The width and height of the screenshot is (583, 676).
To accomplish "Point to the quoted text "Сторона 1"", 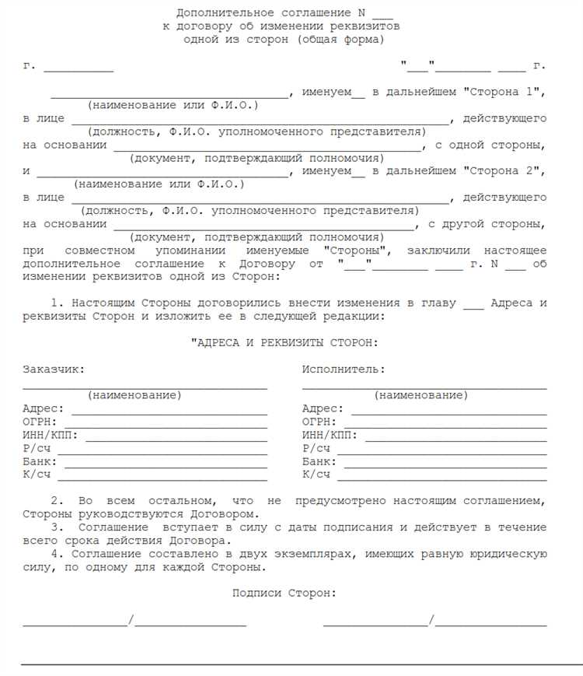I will click(503, 92).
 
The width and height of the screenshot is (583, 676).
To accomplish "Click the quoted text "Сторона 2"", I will click(503, 171).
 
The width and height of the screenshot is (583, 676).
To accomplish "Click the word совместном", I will click(100, 250).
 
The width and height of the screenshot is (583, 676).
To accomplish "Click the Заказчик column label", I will click(54, 370).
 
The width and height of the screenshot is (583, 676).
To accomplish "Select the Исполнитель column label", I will click(343, 370).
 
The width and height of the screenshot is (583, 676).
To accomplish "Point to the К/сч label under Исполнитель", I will click(316, 474).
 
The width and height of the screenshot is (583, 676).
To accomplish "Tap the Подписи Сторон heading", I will click(284, 594).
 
